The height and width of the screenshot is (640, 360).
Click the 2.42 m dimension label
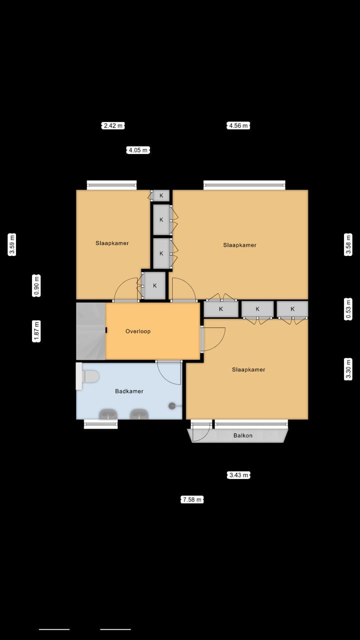(x=112, y=125)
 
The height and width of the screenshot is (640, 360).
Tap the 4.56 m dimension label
(x=238, y=125)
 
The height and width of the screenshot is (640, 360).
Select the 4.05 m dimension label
(x=138, y=150)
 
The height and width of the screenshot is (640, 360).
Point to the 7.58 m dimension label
(x=192, y=499)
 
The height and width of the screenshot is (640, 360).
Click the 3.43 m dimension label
(x=238, y=475)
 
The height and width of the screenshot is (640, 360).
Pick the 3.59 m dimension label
(x=12, y=245)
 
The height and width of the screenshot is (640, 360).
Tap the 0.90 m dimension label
(x=36, y=285)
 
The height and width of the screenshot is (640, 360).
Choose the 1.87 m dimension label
(x=36, y=331)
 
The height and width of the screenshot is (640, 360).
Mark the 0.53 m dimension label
(x=348, y=308)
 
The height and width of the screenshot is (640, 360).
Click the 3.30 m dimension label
(x=348, y=369)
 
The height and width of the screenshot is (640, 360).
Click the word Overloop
(x=138, y=331)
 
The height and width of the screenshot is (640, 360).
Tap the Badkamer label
(x=129, y=391)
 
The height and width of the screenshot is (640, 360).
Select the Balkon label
(x=243, y=435)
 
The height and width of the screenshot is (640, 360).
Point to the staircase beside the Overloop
(x=90, y=331)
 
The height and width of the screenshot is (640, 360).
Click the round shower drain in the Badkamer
(x=172, y=405)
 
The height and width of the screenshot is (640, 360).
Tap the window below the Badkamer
(x=100, y=424)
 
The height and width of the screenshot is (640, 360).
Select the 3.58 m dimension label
(x=348, y=245)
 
